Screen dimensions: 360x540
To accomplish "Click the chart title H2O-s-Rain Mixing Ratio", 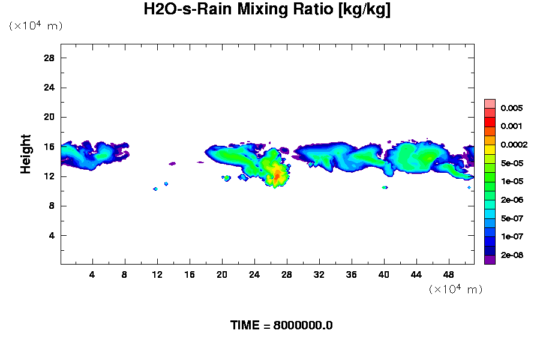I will [x=267, y=10].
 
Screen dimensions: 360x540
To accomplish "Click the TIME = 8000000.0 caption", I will [x=281, y=325].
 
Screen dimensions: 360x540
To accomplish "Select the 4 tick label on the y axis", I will [x=52, y=235].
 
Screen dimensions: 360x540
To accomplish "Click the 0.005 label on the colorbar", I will [x=512, y=109].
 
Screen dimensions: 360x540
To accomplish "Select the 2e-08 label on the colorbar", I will [x=512, y=255].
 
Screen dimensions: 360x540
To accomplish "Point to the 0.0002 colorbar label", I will [x=514, y=145].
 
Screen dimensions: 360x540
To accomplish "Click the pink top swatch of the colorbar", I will [x=490, y=104].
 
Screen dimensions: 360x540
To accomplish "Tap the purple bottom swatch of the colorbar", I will [x=490, y=259].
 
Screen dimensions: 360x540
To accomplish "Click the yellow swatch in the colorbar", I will [x=490, y=149].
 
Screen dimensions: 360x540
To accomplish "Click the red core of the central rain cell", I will [x=277, y=175].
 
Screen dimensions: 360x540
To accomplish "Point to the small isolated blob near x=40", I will [x=385, y=187].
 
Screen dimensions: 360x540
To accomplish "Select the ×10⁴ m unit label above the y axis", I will [x=35, y=26].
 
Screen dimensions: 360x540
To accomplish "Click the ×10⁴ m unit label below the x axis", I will [x=455, y=289].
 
